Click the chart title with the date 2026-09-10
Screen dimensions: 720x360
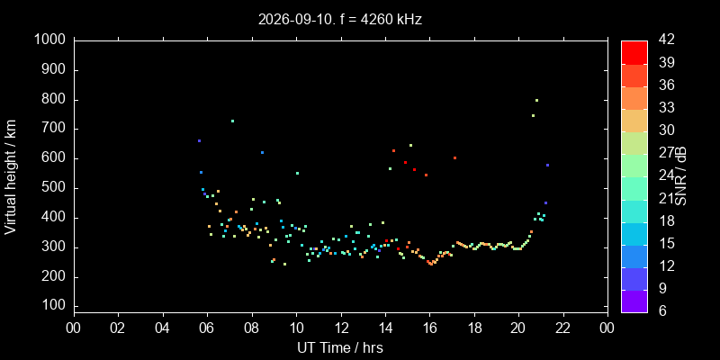(340, 19)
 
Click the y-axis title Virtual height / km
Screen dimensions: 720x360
(11, 176)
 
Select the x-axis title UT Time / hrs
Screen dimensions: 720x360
(340, 347)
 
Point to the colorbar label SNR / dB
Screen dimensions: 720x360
(681, 176)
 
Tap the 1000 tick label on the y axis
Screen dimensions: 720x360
(51, 40)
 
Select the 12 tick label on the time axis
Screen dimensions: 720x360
(341, 328)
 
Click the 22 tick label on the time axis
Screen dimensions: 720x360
(563, 328)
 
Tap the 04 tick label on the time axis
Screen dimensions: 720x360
(163, 328)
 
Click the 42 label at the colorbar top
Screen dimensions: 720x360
(666, 40)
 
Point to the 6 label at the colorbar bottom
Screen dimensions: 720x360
(662, 311)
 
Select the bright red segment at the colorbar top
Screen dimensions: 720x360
(634, 52)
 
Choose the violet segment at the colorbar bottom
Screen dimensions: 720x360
(634, 301)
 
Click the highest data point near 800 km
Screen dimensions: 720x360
(536, 100)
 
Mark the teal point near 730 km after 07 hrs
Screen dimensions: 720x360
(232, 121)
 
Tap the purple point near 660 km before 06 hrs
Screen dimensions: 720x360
(199, 140)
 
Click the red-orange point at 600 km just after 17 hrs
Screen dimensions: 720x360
(454, 158)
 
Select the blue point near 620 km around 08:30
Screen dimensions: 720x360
(262, 152)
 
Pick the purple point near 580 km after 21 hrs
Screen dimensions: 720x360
(547, 165)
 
